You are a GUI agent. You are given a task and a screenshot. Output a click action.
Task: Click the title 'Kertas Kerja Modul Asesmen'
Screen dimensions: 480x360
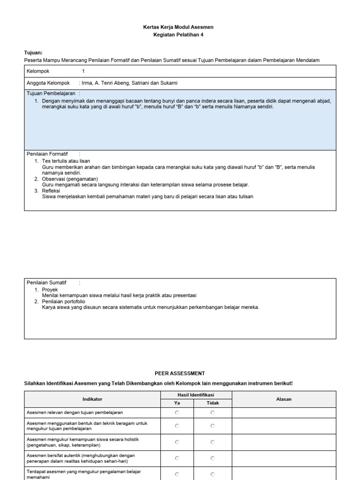pos(178,27)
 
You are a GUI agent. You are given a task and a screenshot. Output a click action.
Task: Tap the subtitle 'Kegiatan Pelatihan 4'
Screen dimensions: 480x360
pos(178,35)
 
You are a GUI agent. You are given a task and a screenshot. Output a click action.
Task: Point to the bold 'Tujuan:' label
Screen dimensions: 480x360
pos(33,53)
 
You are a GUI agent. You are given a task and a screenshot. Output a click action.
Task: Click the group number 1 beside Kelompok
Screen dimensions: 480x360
pos(83,71)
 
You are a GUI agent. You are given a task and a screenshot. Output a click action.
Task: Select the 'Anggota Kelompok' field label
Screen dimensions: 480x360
pos(48,83)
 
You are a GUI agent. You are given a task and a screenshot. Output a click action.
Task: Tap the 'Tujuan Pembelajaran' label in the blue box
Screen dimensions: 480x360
pos(51,94)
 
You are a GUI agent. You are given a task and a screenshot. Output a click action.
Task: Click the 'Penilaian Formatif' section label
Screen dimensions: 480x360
pos(47,154)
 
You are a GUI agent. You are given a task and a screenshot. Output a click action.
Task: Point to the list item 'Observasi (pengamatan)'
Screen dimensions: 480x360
pos(70,179)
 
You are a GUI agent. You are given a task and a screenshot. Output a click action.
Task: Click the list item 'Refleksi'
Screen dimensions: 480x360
pos(51,191)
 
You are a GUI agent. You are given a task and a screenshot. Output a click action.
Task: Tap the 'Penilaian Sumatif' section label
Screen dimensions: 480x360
pos(46,283)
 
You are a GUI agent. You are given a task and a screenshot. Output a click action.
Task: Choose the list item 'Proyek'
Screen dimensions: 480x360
pos(50,290)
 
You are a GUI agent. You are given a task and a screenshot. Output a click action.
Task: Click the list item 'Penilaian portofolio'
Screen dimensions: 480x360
pos(64,301)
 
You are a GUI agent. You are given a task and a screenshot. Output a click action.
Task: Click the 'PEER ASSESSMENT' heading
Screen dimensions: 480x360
pos(180,373)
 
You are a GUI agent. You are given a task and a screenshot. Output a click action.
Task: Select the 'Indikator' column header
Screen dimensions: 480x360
pos(92,399)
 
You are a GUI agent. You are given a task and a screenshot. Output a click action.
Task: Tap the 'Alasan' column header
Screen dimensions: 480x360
pos(284,399)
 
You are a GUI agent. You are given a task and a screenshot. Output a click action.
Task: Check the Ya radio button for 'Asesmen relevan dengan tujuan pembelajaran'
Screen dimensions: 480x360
pos(177,412)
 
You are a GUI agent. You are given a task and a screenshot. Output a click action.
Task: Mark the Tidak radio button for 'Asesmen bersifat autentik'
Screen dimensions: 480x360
pos(212,458)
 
